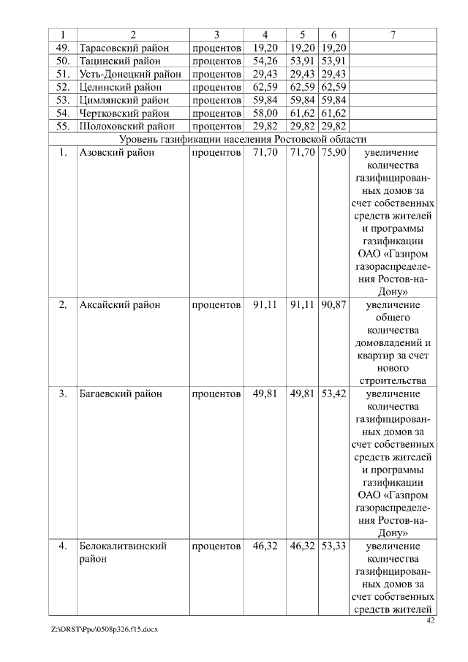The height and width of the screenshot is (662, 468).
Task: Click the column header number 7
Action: [393, 34]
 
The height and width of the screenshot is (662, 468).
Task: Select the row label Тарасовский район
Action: [123, 48]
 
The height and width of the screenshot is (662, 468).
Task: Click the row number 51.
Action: [63, 74]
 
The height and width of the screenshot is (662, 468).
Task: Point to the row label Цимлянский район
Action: [124, 100]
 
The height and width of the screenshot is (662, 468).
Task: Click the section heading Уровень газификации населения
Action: [244, 140]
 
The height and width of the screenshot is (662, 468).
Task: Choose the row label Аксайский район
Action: [119, 304]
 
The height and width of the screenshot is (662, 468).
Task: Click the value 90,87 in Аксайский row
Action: [333, 304]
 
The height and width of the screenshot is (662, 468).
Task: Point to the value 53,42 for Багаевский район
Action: [333, 394]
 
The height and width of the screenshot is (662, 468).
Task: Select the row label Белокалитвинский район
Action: [123, 552]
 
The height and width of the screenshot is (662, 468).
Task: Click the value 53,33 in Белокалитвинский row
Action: [333, 546]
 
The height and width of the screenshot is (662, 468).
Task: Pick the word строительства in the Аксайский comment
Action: [393, 381]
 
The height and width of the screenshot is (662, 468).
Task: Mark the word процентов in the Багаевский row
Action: [216, 394]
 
